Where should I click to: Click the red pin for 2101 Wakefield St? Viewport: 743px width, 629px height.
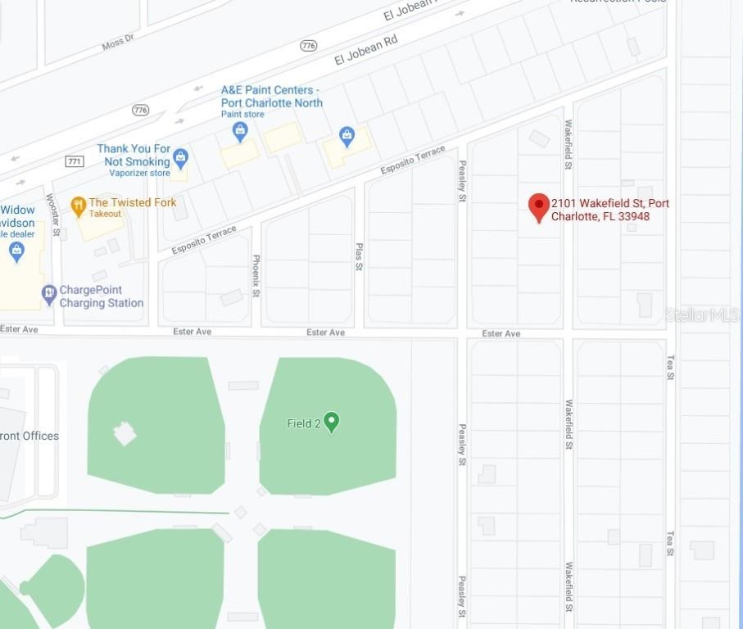click(x=538, y=206)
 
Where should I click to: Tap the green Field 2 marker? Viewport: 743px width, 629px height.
click(x=331, y=422)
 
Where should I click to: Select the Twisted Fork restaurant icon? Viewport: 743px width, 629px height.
click(x=79, y=206)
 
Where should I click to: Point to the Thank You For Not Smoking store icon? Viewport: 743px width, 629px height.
click(x=181, y=157)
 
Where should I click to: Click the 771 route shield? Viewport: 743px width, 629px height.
click(x=75, y=161)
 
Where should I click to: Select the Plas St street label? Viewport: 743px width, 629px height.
click(x=359, y=256)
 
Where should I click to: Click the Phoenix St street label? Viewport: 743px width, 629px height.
click(x=256, y=275)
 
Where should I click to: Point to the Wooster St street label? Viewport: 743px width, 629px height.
click(x=54, y=215)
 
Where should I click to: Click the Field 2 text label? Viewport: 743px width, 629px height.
click(x=303, y=423)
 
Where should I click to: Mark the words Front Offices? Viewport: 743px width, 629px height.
click(x=30, y=436)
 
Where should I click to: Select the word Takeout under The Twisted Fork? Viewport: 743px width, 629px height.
click(x=105, y=214)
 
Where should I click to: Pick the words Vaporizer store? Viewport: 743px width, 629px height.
click(x=139, y=173)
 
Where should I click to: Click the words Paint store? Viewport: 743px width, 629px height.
click(x=242, y=115)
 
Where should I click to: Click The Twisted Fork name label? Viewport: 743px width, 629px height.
click(x=132, y=202)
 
